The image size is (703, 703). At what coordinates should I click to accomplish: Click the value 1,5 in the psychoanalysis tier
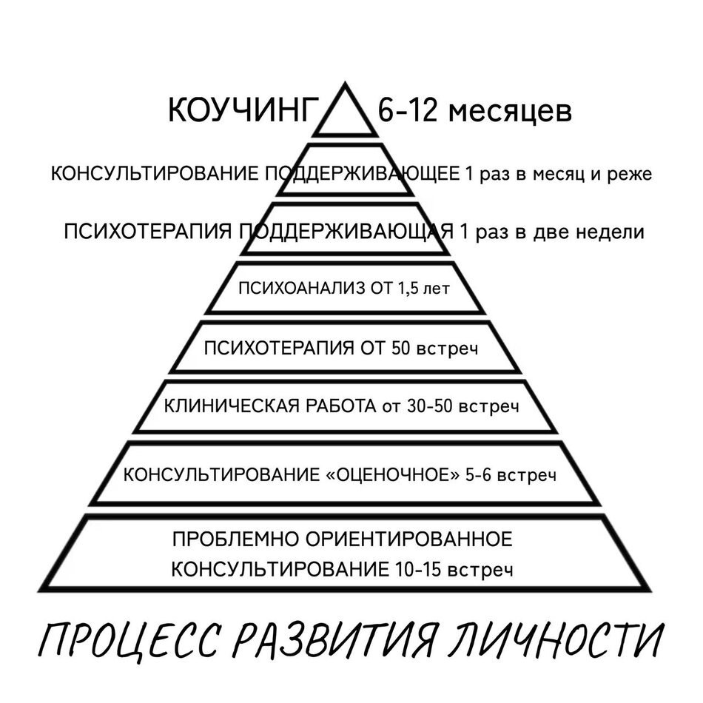(414, 288)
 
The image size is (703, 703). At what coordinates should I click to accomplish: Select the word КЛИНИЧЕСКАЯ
(223, 406)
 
